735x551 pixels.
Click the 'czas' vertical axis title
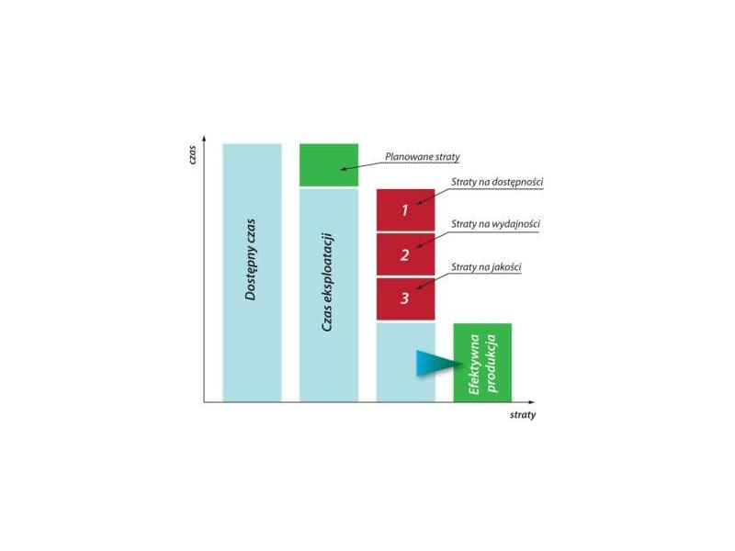(x=192, y=154)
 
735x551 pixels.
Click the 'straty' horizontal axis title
(x=523, y=415)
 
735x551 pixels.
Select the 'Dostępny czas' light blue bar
(x=252, y=273)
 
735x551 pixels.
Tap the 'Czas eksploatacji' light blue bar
(x=329, y=295)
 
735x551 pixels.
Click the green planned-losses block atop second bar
(x=329, y=165)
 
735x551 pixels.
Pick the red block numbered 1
(x=405, y=210)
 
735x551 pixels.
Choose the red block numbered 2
(x=405, y=254)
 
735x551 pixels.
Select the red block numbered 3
(x=405, y=299)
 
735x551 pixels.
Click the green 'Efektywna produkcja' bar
(x=482, y=363)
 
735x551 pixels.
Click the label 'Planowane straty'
(x=423, y=157)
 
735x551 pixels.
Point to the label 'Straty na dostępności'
(x=497, y=182)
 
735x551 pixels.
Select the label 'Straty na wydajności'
(x=495, y=224)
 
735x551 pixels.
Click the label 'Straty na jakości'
(x=486, y=267)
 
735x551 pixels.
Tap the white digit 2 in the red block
(x=404, y=255)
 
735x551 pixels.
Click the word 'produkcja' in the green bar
(x=492, y=363)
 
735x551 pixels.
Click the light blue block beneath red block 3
(x=405, y=362)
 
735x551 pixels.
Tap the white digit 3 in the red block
(x=404, y=298)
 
